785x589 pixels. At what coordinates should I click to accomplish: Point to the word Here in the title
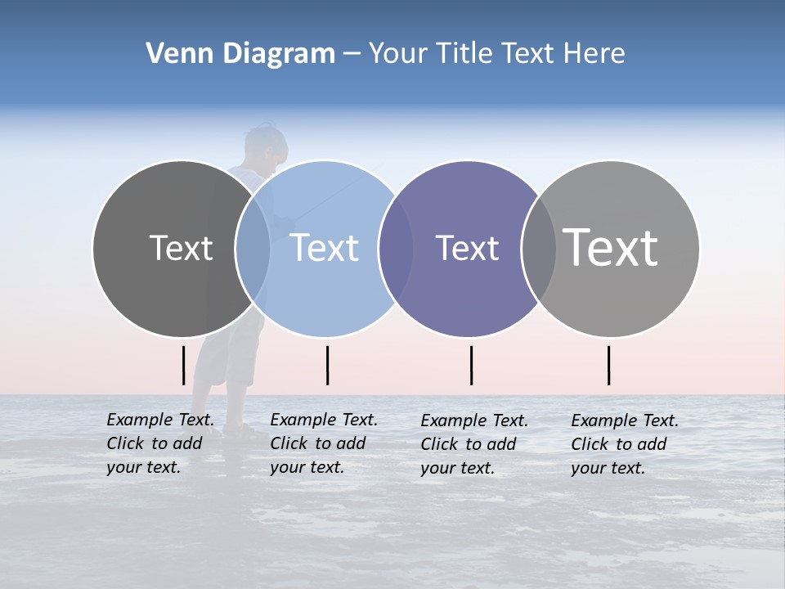[595, 54]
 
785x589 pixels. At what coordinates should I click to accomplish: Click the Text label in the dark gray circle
[181, 248]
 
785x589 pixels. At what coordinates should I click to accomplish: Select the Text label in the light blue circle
[325, 248]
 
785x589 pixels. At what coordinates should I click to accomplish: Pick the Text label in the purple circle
[468, 248]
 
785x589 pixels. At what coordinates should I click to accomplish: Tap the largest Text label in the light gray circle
[611, 247]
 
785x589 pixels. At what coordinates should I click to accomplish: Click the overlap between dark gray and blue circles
[253, 249]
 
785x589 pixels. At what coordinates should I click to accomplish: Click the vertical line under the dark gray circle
[184, 365]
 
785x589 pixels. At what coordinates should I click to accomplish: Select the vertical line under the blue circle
[327, 365]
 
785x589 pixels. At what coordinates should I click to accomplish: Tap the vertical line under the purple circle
[471, 365]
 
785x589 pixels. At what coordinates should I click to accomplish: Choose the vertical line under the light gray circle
[608, 365]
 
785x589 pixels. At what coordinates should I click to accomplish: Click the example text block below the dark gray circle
[160, 443]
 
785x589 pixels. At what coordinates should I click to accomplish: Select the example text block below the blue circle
[324, 443]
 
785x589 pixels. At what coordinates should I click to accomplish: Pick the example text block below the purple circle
[474, 444]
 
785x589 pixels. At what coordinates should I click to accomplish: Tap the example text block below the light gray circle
[625, 444]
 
